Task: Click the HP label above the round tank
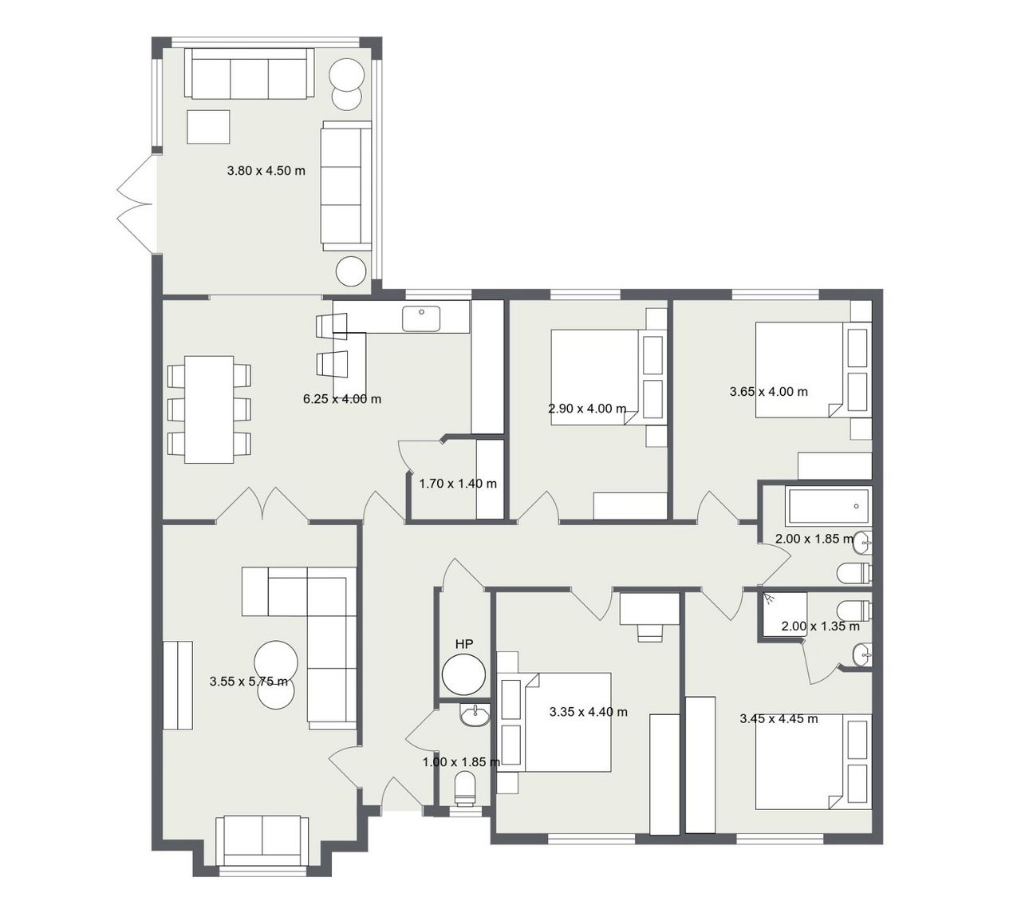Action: click(463, 644)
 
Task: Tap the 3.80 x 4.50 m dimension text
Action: click(266, 171)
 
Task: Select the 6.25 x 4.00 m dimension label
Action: click(342, 399)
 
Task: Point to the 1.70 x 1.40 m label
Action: click(458, 484)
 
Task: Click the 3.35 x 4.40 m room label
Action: click(589, 712)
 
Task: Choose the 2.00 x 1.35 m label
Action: click(821, 626)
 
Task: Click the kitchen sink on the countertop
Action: click(421, 318)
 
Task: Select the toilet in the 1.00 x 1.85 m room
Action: click(464, 789)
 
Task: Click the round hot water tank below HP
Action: click(463, 675)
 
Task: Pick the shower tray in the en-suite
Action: click(785, 614)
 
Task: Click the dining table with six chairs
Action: click(209, 409)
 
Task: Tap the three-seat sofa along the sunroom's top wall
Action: click(250, 73)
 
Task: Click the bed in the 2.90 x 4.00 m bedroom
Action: click(595, 377)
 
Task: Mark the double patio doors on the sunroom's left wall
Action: click(135, 204)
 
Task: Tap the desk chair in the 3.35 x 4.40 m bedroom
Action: click(650, 633)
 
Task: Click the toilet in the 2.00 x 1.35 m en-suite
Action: click(855, 609)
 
